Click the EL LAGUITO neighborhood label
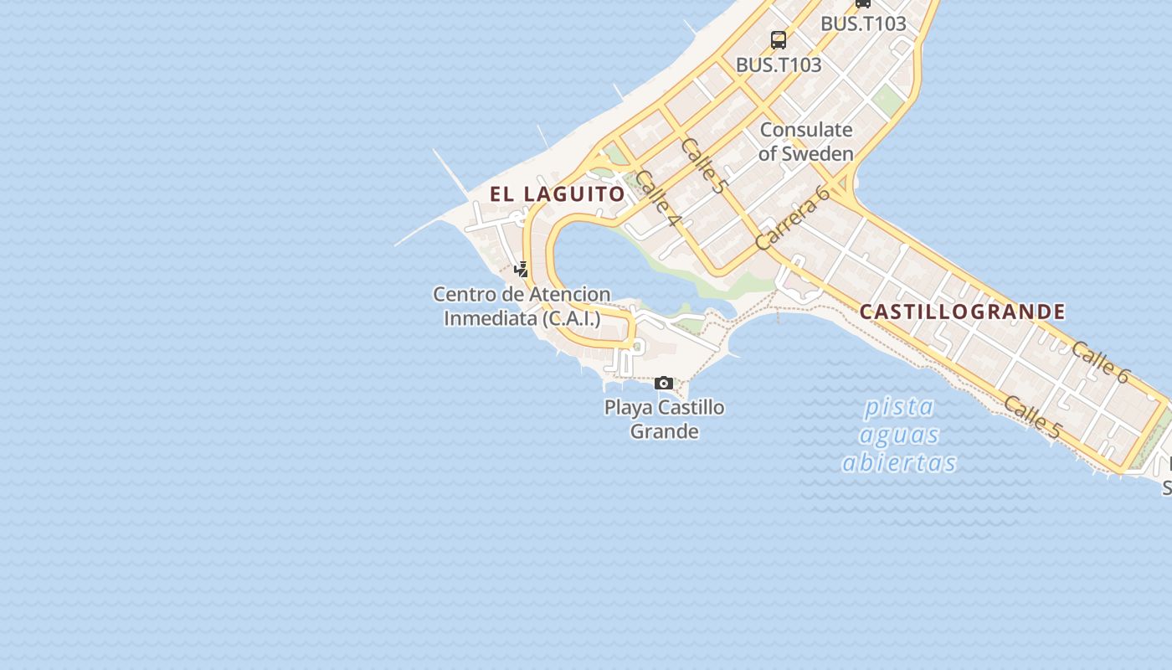[558, 194]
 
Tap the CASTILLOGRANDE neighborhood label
[963, 312]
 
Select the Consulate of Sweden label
[806, 142]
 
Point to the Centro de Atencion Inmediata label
[522, 307]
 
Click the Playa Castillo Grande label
[665, 419]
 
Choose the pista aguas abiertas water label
[900, 435]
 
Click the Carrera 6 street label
[792, 218]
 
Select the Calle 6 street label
[1100, 362]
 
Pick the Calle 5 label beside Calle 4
[702, 166]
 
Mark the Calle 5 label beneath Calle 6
[1032, 416]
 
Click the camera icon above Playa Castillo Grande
[664, 384]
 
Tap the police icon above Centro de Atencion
[522, 270]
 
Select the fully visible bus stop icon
[779, 40]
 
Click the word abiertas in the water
[900, 462]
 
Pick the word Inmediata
[490, 318]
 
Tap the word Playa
[629, 408]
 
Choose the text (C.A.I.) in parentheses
[572, 318]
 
